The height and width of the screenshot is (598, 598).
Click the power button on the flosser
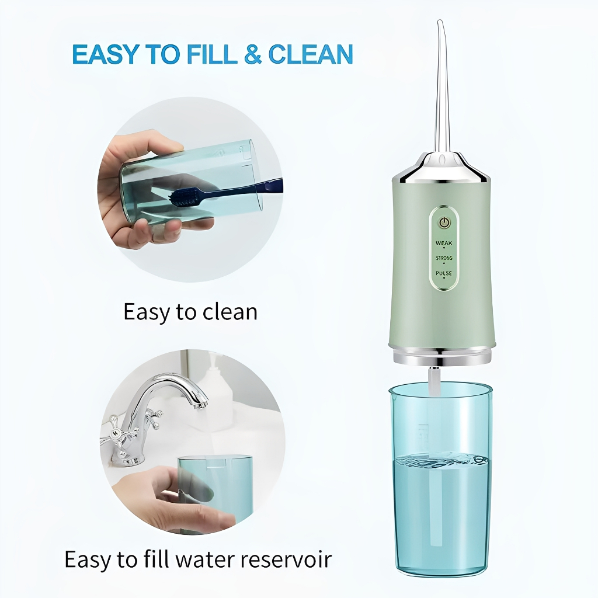click(443, 222)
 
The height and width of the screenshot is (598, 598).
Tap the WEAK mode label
click(444, 243)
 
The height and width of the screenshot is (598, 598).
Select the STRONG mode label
click(444, 258)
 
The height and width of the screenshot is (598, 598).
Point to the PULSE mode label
click(444, 273)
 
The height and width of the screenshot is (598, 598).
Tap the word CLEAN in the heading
click(311, 54)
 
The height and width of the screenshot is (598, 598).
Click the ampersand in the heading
click(252, 54)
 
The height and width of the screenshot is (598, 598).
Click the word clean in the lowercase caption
click(230, 312)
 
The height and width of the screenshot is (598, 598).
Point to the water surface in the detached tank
click(441, 460)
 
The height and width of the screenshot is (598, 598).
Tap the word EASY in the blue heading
click(104, 54)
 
